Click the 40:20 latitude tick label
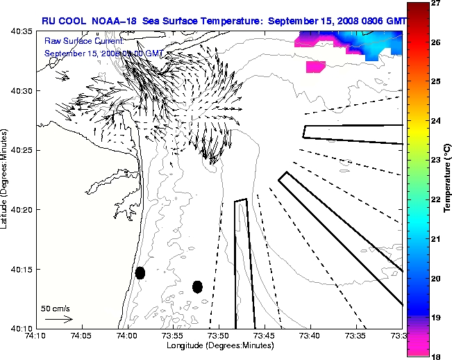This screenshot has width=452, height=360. tap(21, 210)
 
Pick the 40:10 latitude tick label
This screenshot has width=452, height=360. tap(21, 328)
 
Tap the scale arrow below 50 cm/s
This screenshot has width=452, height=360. tap(58, 319)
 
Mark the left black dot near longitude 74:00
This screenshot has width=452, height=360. tap(140, 272)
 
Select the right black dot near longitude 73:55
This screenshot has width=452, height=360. tap(197, 286)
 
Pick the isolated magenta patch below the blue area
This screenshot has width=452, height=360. tap(315, 67)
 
